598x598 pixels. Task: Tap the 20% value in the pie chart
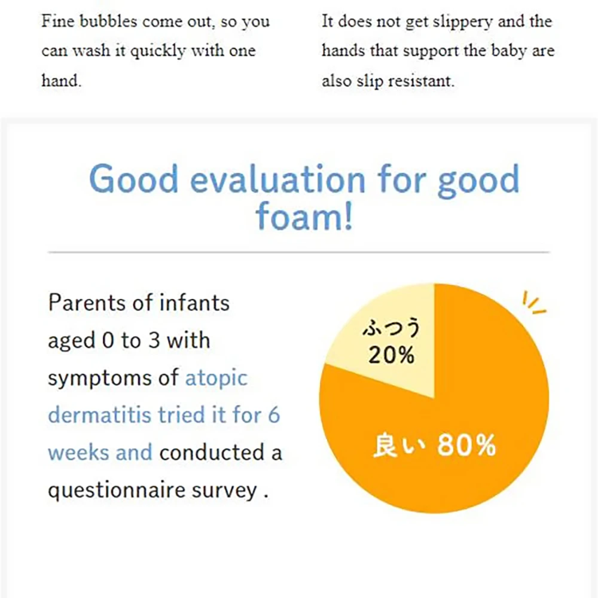click(391, 355)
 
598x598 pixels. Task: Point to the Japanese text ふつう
click(391, 327)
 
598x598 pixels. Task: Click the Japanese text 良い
click(398, 445)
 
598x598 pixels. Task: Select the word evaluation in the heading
click(277, 179)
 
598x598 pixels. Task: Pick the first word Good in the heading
click(133, 179)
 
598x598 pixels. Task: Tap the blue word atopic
click(216, 379)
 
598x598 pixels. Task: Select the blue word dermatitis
click(99, 414)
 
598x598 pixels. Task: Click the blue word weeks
click(79, 453)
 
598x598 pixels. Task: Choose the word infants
click(194, 303)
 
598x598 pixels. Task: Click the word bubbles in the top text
click(108, 21)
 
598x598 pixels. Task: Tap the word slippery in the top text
click(463, 22)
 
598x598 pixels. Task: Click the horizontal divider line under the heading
click(299, 252)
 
